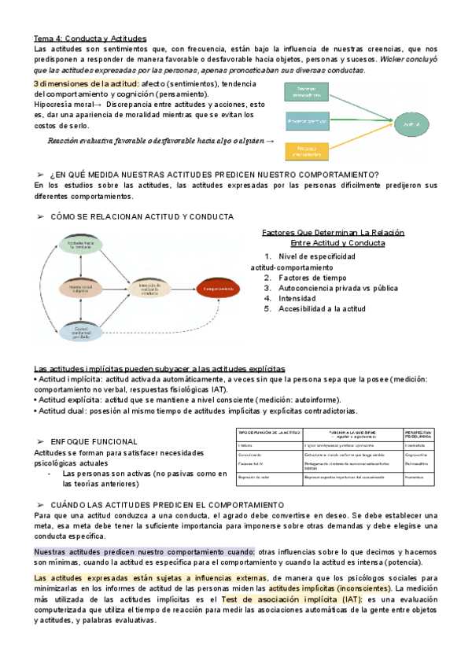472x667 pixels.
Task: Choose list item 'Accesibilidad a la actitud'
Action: [x=322, y=309]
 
